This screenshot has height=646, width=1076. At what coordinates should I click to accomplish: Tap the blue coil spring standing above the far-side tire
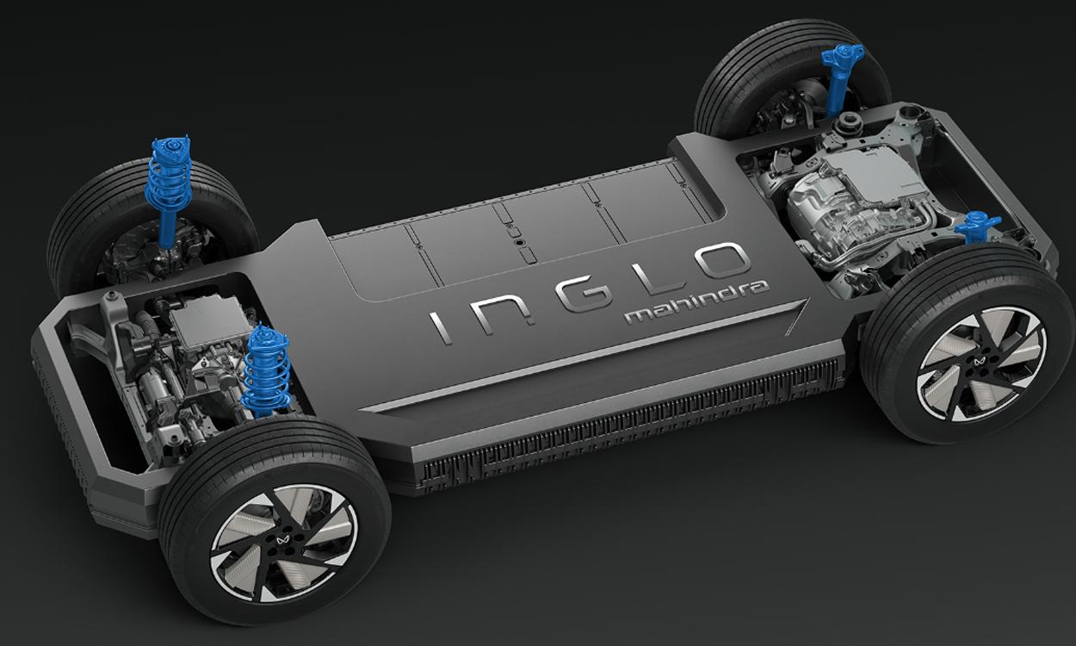pyautogui.click(x=169, y=181)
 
